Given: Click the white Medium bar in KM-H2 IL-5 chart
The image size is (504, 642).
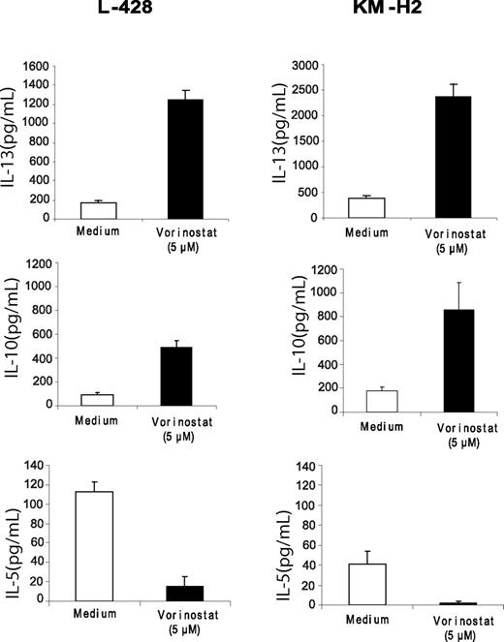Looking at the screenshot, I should click(x=366, y=584).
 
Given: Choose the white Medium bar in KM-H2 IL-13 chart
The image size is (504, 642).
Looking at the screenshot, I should click(x=366, y=208).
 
